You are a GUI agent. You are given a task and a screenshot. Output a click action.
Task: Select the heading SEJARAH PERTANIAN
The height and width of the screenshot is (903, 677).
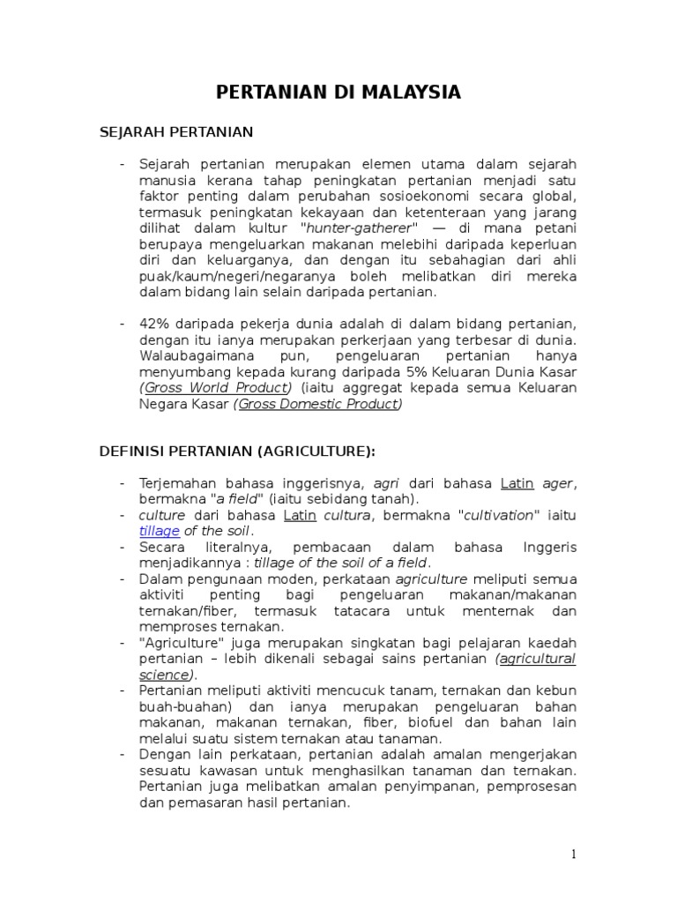click(x=175, y=132)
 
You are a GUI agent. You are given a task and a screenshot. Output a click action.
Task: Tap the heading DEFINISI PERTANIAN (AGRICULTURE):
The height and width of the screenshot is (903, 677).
click(x=236, y=451)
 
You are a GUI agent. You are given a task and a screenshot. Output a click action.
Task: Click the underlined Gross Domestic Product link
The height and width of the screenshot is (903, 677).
click(x=318, y=404)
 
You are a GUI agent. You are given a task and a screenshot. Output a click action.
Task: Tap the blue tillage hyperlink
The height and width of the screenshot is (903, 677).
click(x=160, y=531)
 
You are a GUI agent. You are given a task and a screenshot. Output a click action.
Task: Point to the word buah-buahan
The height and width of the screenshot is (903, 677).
click(x=173, y=707)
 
